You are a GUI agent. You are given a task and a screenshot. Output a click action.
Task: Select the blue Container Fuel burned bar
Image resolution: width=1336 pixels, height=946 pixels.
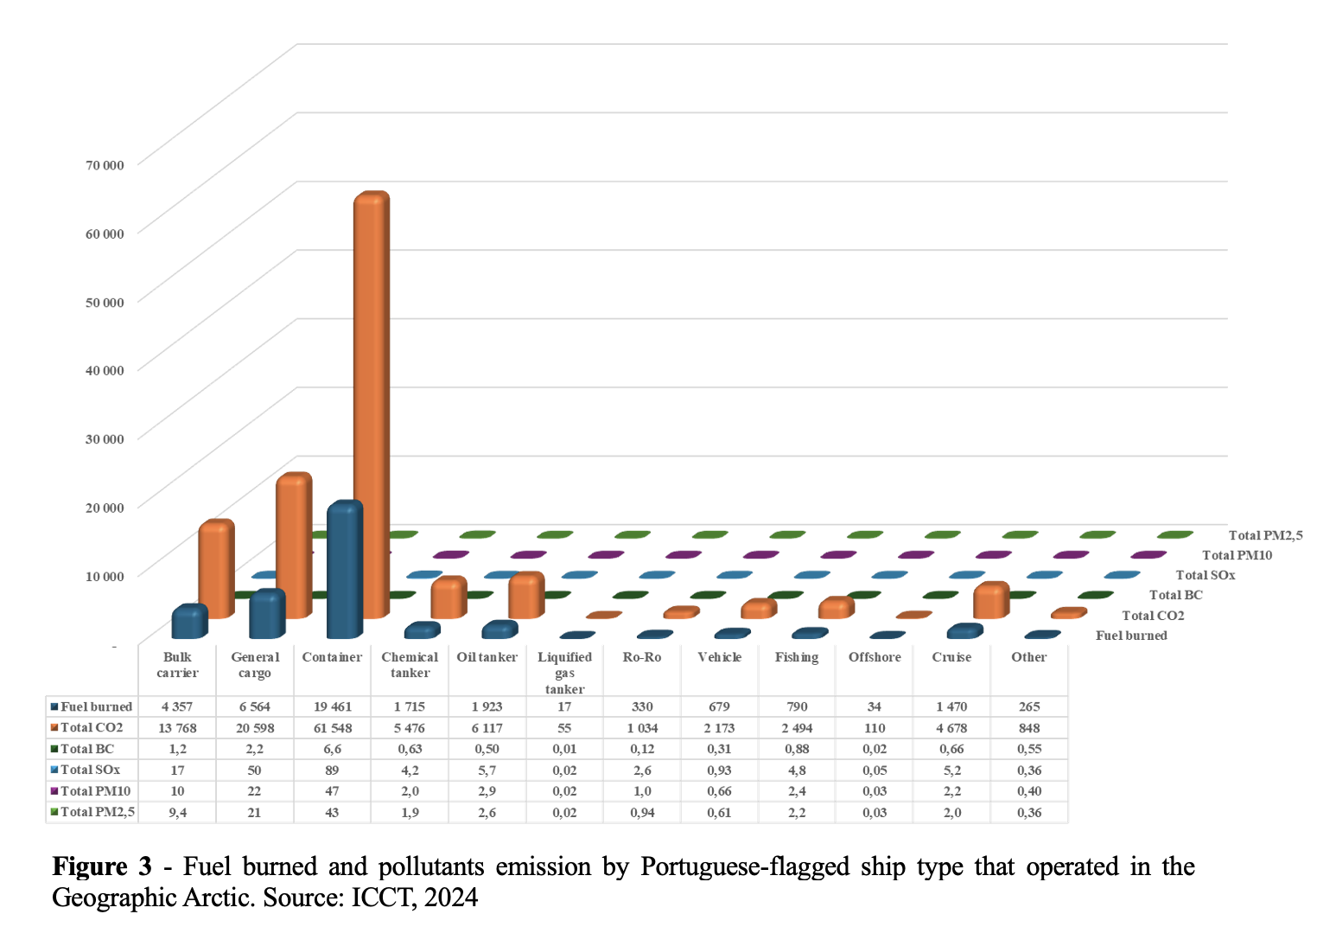coord(344,571)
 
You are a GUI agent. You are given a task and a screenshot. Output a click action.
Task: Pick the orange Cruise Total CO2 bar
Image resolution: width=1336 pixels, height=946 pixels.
coord(990,600)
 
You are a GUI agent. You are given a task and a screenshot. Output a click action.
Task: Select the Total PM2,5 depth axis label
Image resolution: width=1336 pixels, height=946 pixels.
coord(1265,535)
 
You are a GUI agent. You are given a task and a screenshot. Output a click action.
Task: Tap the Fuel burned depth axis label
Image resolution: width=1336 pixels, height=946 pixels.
coord(1130,636)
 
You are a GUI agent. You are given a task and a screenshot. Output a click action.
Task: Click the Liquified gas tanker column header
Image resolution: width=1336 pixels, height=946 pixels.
coord(564,672)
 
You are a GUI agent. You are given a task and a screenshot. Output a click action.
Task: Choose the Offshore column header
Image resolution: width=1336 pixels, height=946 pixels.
coord(874,657)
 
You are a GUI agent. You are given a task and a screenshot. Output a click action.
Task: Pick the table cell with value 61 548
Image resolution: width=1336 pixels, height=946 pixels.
coord(332,728)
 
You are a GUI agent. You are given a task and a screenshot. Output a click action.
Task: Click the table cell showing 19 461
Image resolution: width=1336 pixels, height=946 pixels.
coord(332,706)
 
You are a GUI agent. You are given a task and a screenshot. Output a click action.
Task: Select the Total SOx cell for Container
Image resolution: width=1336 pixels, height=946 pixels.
coord(332,770)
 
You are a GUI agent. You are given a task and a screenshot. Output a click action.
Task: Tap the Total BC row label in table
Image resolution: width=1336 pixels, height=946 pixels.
coord(86,749)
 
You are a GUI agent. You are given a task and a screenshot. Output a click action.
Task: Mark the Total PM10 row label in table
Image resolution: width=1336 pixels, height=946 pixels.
coord(95,790)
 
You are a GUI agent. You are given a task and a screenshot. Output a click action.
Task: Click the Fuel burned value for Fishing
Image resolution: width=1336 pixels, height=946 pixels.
coord(796,706)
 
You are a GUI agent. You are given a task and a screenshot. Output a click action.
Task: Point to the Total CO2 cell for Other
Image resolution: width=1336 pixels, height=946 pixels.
coord(1028,728)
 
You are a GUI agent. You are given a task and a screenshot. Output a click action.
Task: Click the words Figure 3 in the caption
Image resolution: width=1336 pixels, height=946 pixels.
coord(102,866)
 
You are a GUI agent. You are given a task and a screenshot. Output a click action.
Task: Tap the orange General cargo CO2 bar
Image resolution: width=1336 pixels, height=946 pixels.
coord(293,545)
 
